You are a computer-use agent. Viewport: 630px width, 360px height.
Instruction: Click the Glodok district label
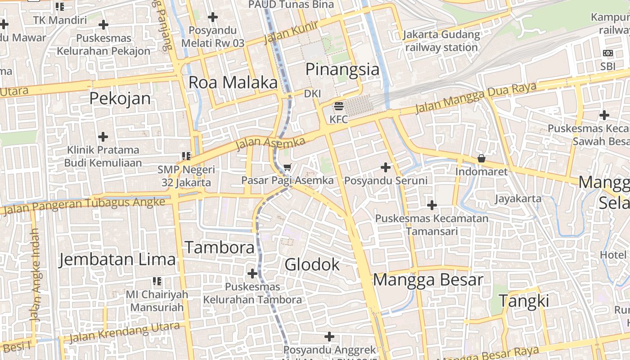click(312, 265)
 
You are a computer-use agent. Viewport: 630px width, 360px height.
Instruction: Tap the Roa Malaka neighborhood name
click(233, 82)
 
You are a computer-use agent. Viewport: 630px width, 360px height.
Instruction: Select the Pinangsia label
click(342, 69)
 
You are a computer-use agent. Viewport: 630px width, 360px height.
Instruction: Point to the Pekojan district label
click(120, 98)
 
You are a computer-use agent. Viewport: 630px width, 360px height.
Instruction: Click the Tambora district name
click(220, 247)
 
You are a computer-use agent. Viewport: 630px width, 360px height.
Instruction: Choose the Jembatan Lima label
click(117, 260)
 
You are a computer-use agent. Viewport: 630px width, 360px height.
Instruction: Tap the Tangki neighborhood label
click(524, 301)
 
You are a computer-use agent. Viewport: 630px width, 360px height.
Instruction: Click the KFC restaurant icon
click(339, 107)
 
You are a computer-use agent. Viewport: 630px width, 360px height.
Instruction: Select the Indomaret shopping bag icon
click(481, 158)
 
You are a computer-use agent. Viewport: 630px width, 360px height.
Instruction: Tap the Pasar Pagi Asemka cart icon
click(288, 167)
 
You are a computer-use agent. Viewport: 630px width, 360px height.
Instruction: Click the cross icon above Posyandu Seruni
click(386, 167)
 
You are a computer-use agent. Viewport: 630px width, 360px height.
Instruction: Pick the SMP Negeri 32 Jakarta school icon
click(186, 156)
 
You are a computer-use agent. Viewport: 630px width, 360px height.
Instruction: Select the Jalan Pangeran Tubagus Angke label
click(84, 205)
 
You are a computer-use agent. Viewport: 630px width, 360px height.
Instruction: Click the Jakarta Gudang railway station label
click(441, 41)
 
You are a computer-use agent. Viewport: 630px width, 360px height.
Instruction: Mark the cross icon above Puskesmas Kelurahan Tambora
click(252, 273)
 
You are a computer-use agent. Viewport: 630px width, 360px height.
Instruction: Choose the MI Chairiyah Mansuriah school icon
click(157, 281)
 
